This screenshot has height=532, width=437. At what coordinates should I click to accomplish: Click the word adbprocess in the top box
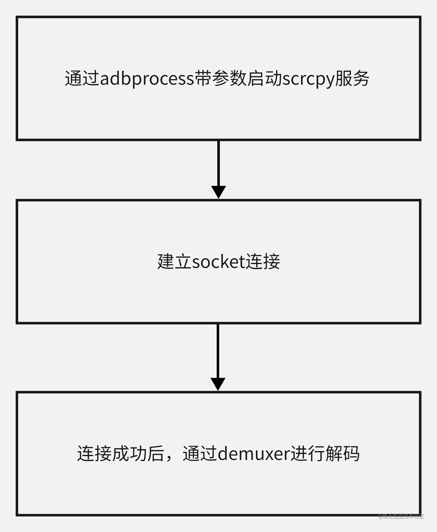147,79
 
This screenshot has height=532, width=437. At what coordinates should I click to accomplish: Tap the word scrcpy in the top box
308,79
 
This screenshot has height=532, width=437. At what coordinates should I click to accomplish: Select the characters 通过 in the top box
82,79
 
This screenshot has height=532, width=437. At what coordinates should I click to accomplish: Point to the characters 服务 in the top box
352,79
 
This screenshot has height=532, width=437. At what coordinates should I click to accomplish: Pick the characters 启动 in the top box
264,79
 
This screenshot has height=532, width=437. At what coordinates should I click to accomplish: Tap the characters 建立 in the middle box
174,262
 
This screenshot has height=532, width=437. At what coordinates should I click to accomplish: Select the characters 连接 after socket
263,262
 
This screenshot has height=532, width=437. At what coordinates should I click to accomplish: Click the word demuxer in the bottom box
253,454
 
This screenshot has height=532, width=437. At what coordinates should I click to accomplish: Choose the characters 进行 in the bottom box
308,454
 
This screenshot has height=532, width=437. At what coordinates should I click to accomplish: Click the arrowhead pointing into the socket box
218,192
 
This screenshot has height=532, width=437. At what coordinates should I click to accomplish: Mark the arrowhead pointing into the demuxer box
218,384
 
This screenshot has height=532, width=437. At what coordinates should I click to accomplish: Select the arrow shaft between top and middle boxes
218,163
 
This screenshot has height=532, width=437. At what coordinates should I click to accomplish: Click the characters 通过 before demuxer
200,454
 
